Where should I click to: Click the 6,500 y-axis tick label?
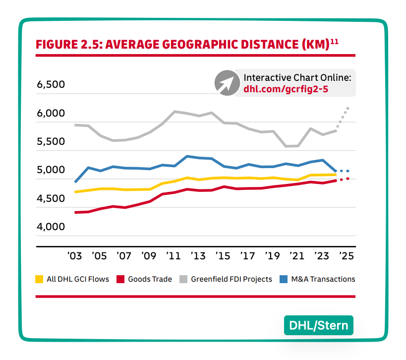[51, 85]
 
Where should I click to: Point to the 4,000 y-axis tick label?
[51, 227]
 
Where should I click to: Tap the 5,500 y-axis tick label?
[51, 142]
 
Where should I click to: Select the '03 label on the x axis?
[74, 256]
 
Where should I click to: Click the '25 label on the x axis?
[346, 256]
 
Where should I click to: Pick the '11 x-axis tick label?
[173, 256]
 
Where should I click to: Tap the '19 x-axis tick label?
[272, 256]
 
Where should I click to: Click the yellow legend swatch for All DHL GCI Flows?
[39, 279]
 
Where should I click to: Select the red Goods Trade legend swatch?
[120, 279]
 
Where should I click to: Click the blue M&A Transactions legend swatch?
[281, 279]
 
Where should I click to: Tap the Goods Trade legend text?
[150, 279]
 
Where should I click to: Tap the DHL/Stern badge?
[319, 326]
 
